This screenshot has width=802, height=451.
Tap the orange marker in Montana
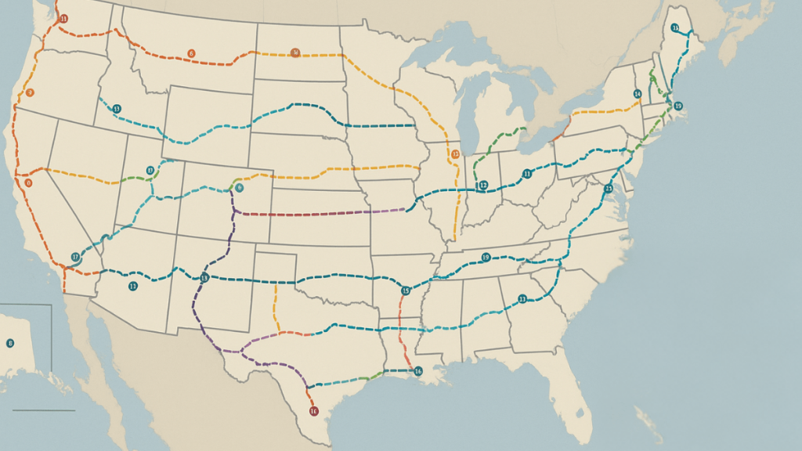coord(191,53)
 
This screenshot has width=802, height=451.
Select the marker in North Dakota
coord(295,53)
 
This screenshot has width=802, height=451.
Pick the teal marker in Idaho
coord(116,109)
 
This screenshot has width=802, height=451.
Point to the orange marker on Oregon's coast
coord(30,92)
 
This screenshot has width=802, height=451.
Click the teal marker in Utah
coord(150,170)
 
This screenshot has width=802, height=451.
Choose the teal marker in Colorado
coord(239,188)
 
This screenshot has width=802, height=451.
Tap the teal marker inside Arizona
coord(133,287)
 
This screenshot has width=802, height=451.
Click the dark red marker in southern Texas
coord(314,411)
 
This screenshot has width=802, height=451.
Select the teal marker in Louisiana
coord(417,371)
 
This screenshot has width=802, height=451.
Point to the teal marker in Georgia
coord(522,298)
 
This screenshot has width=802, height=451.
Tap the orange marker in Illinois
coord(455,154)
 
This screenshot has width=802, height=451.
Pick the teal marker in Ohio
coord(527,174)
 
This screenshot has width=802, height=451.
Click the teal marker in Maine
coord(674,28)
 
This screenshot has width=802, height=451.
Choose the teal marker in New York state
coord(638,94)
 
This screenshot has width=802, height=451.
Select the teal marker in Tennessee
coord(486,258)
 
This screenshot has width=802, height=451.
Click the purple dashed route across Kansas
coord(313,213)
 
